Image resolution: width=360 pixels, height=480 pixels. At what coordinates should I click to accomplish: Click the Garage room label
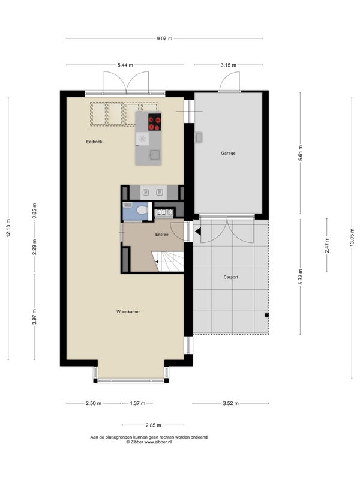(x=228, y=154)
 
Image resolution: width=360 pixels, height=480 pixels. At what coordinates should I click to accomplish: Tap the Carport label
(x=230, y=277)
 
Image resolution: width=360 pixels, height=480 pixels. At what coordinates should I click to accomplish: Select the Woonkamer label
(x=128, y=311)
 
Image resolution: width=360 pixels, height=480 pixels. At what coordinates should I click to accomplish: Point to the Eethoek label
(x=94, y=142)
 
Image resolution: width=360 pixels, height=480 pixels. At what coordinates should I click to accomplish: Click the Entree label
(x=161, y=235)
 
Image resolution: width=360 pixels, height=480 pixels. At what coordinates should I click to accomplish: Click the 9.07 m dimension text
(x=164, y=38)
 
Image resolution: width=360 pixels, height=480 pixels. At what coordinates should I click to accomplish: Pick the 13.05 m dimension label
(x=352, y=238)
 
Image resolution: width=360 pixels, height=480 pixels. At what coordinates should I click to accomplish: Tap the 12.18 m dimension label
(x=8, y=228)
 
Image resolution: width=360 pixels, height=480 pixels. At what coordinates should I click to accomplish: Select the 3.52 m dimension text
(x=230, y=403)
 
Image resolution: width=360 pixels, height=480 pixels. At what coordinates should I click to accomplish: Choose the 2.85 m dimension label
(x=153, y=425)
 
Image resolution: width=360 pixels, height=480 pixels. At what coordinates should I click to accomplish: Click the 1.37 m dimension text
(x=137, y=403)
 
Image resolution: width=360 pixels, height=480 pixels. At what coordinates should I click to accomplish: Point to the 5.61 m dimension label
(x=301, y=153)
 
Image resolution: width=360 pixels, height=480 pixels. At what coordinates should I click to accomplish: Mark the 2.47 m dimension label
(x=327, y=245)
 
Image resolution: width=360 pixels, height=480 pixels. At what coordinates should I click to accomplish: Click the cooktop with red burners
(x=155, y=122)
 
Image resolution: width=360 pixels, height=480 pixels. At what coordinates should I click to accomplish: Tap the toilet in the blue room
(x=142, y=211)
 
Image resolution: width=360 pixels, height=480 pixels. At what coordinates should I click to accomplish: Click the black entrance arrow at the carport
(x=198, y=232)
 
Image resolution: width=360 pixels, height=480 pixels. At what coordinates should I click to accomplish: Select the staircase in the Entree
(x=168, y=262)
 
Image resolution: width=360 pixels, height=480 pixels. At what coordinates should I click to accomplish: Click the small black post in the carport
(x=267, y=314)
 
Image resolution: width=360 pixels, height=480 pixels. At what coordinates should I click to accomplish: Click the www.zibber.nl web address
(x=158, y=442)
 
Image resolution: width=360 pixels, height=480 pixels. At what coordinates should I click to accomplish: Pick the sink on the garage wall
(x=199, y=137)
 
